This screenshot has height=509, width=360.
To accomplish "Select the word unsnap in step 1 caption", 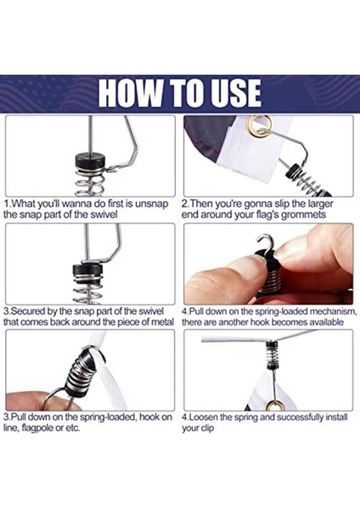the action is tap(152, 204).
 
